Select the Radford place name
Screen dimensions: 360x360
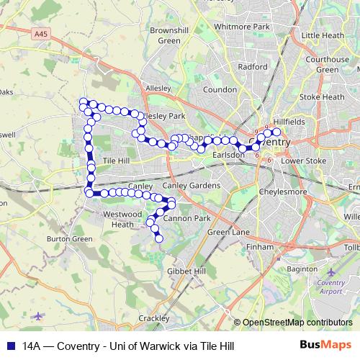click(x=253, y=66)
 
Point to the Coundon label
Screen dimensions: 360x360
click(x=220, y=90)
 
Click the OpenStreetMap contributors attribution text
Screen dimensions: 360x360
click(x=297, y=323)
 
